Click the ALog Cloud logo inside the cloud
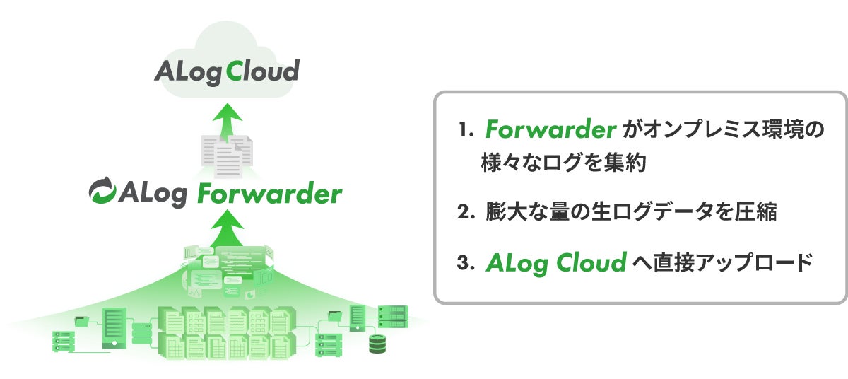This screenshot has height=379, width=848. (227, 71)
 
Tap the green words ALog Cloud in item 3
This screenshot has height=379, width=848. (556, 262)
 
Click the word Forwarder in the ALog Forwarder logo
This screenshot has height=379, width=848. (269, 193)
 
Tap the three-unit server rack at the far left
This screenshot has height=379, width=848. (62, 341)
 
